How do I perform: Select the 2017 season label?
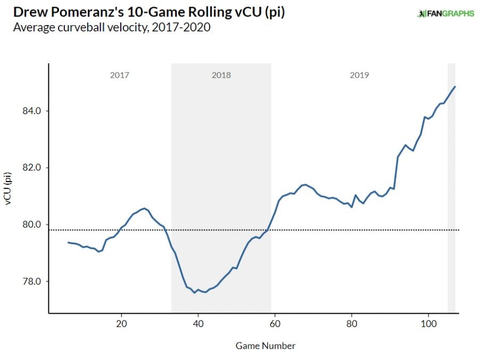point(120,75)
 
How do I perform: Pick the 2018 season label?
point(221,75)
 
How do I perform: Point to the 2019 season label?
point(359,75)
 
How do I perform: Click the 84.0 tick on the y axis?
point(31,111)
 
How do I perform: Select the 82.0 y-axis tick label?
point(31,168)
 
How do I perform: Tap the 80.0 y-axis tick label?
point(31,224)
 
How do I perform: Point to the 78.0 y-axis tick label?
point(31,281)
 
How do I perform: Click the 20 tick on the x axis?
point(121,323)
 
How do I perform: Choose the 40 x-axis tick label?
point(198,323)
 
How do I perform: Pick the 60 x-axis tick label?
point(275,323)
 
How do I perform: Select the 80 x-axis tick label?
point(351,323)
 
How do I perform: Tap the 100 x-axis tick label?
point(428,323)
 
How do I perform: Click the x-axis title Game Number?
point(265,346)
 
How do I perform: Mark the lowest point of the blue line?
point(194,292)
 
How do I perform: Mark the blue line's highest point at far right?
point(455,86)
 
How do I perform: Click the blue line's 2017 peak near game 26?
point(144,208)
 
